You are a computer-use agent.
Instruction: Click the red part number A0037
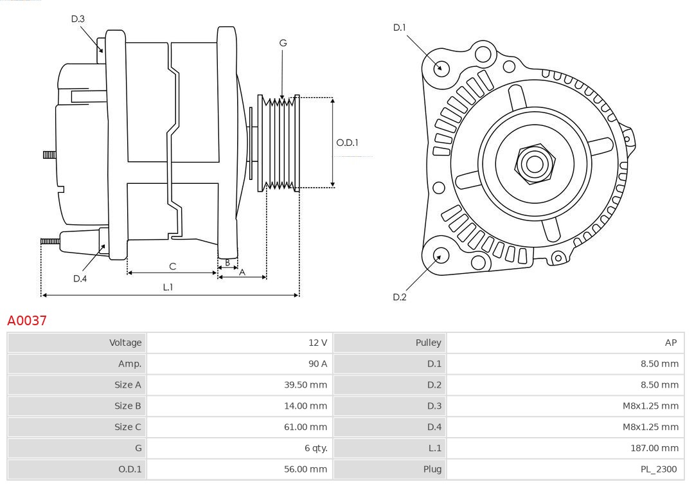point(27,320)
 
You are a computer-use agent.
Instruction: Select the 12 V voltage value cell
point(317,343)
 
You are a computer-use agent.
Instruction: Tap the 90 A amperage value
point(317,364)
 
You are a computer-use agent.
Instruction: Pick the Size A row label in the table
point(127,385)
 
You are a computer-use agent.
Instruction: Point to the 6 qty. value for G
point(312,448)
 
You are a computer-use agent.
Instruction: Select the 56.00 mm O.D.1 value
point(305,469)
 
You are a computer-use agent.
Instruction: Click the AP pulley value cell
point(670,343)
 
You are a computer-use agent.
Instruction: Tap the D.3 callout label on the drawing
point(78,19)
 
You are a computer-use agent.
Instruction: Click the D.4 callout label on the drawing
point(80,278)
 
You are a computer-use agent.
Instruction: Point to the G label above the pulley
point(283,43)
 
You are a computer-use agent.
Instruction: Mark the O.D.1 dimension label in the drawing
point(347,143)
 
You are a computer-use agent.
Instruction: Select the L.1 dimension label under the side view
point(168,287)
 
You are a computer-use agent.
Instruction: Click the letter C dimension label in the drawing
point(172,266)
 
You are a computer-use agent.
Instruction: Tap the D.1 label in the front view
point(400,27)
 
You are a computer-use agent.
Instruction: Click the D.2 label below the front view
point(400,297)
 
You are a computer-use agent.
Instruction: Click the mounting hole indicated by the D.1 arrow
point(441,67)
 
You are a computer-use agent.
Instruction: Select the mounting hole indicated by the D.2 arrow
point(440,256)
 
